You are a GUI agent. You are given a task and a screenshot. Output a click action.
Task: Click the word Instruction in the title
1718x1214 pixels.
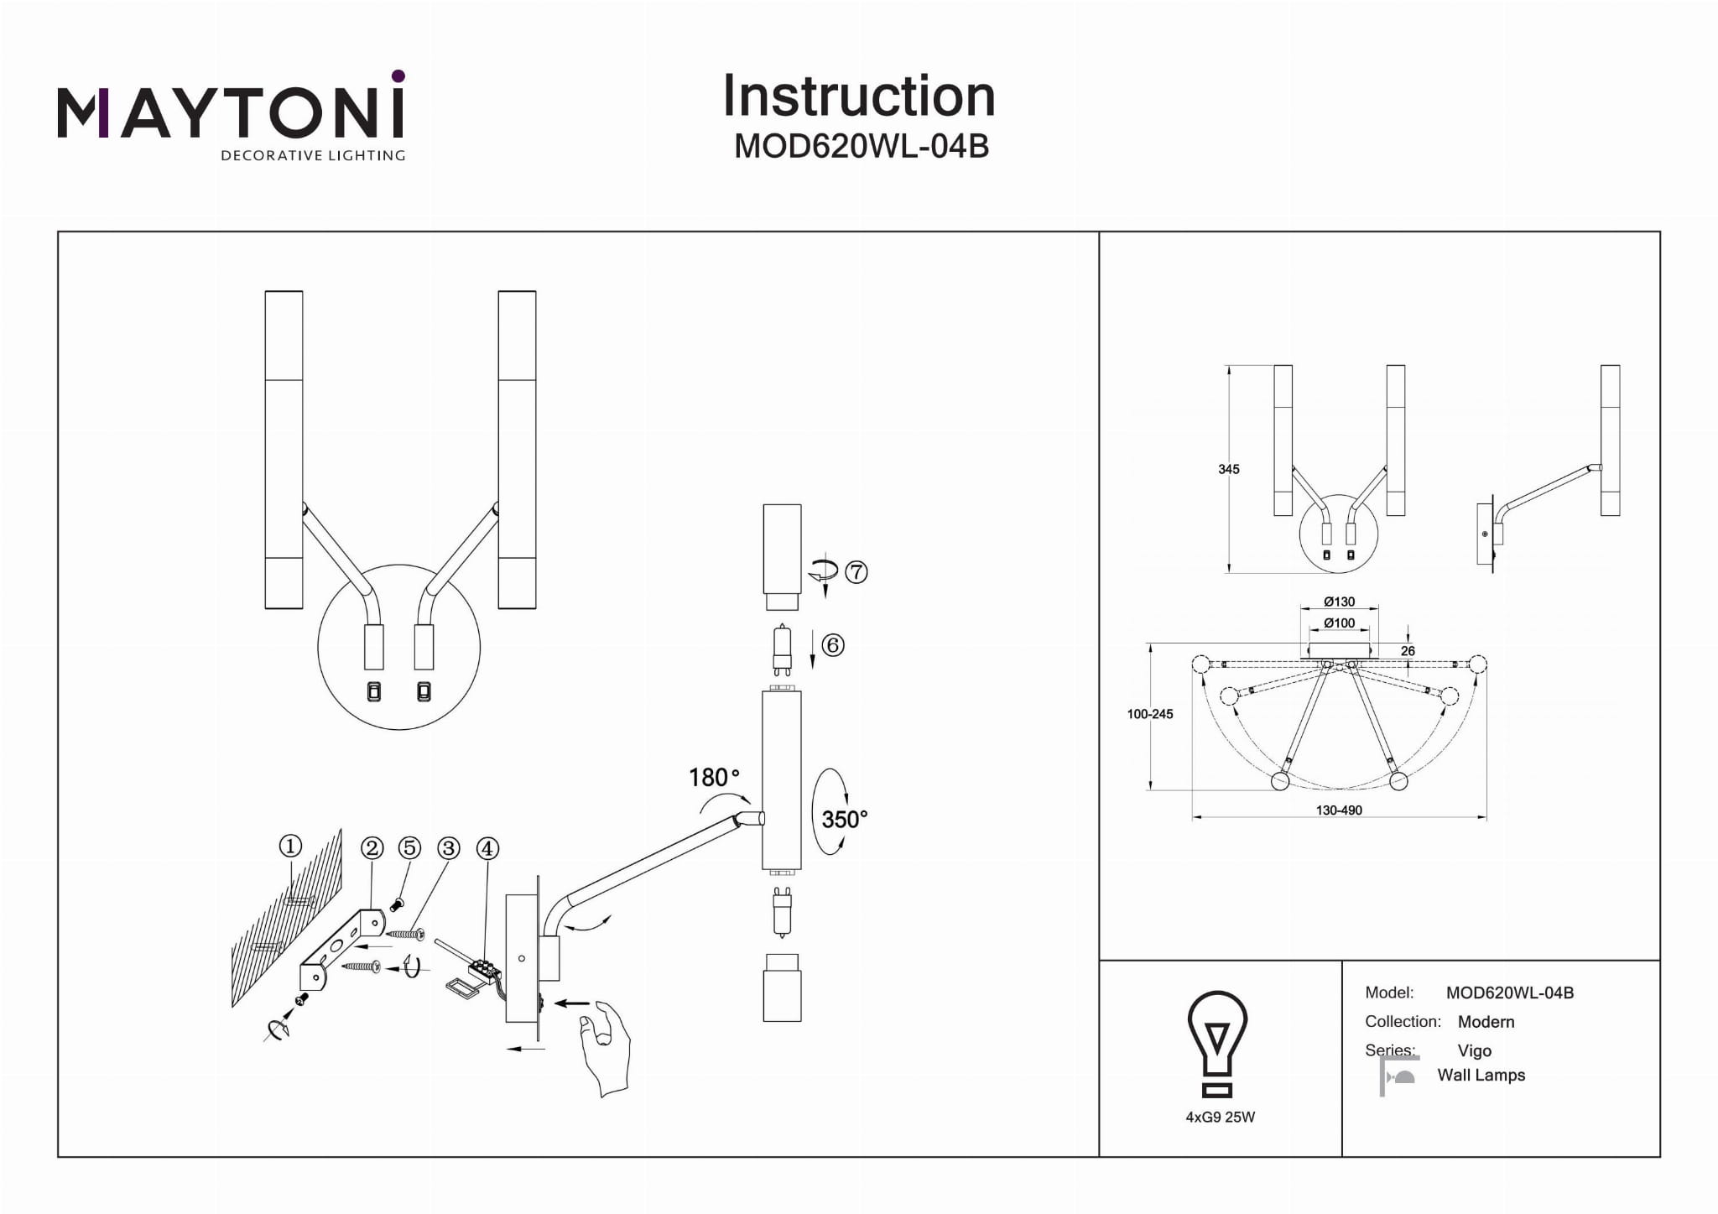859,96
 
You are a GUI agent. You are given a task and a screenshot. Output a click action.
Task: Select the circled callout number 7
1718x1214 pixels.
856,572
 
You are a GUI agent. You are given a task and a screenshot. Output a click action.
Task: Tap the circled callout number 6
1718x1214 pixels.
832,645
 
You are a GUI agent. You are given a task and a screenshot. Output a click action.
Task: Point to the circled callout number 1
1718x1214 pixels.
290,846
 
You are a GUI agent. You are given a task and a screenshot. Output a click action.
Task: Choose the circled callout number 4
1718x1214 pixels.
487,848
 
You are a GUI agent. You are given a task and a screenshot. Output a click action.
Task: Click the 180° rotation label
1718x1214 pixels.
714,778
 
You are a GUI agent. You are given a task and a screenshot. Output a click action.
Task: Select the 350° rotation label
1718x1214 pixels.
844,819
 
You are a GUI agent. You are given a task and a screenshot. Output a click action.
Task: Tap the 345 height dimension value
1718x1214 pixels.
1229,470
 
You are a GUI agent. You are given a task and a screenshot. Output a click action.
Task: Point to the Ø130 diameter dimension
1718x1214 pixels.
1339,602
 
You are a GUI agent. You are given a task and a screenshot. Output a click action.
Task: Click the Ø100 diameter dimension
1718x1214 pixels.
1339,623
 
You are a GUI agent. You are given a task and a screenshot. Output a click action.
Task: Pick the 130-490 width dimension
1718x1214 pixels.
1339,810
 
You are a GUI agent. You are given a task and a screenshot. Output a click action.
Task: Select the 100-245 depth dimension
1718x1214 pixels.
1150,714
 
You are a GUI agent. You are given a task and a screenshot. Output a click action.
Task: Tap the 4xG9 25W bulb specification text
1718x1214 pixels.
1220,1118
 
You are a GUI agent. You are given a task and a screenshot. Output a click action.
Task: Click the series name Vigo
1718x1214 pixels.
1474,1051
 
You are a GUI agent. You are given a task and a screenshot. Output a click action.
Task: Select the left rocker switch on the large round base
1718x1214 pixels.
374,691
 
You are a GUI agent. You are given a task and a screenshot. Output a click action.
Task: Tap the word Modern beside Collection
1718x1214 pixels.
1486,1022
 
